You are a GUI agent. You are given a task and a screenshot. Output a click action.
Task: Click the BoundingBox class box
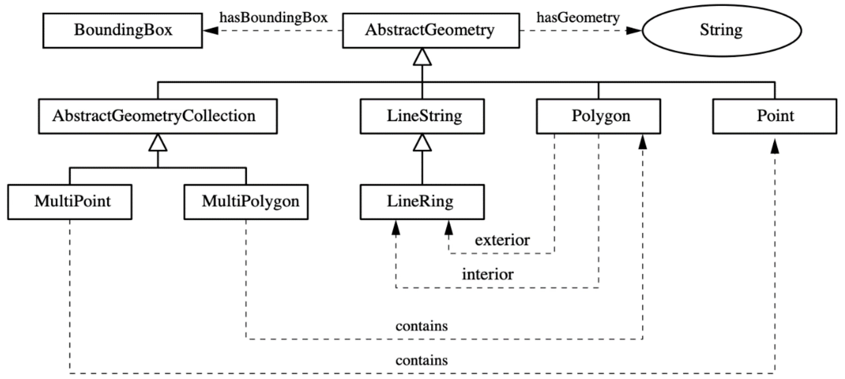[x=122, y=30]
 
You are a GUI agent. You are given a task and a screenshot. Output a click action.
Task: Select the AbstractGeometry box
[x=431, y=30]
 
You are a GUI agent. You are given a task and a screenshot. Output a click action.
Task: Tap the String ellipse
[x=721, y=30]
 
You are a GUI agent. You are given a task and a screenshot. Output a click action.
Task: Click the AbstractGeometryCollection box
[x=157, y=116]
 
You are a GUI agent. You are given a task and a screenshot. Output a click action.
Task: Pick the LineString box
[x=422, y=116]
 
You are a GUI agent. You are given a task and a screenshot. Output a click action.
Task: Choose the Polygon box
[x=598, y=116]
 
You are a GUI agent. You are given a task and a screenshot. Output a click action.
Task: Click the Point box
[x=774, y=116]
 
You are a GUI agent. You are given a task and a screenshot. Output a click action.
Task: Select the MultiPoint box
[x=69, y=202]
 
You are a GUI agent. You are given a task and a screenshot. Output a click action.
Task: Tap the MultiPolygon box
[x=246, y=202]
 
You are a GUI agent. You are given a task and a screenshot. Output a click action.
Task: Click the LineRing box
[x=422, y=202]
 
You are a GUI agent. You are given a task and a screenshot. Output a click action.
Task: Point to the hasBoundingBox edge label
[x=273, y=17]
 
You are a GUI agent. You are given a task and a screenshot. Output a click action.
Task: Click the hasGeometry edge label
[x=578, y=17]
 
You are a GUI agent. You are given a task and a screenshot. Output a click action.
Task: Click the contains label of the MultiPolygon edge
[x=421, y=326]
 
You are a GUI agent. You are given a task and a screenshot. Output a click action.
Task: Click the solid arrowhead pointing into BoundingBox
[x=211, y=30]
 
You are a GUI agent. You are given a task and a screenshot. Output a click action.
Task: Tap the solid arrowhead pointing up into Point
[x=775, y=146]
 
